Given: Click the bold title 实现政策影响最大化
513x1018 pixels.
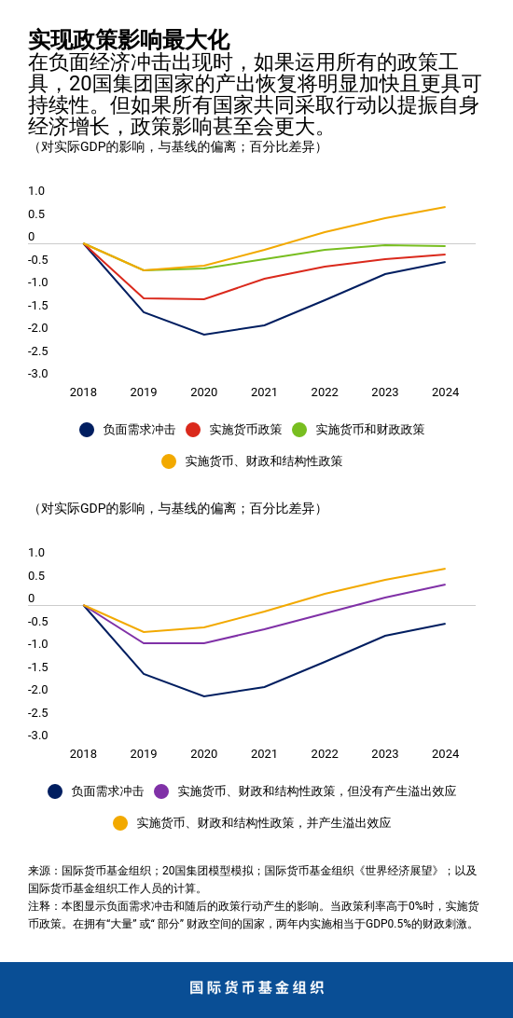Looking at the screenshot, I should point(128,40).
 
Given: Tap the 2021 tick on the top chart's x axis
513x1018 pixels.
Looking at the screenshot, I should point(264,392).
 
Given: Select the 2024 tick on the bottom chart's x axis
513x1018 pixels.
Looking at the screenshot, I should point(445,754).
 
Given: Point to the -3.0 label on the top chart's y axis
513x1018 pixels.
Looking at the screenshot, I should point(37,374).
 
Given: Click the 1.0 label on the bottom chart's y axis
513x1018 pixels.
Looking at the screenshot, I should point(36,553).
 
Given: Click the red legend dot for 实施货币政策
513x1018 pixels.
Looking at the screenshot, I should point(193,430).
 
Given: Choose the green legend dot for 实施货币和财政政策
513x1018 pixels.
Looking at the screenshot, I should point(299,430).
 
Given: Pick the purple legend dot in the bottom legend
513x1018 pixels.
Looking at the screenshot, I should point(161,791).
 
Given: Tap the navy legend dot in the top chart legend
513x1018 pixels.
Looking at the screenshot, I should point(87,430).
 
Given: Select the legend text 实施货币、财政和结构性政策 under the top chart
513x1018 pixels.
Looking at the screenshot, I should point(263,461).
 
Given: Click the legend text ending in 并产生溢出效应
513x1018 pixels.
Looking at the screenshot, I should point(263,823).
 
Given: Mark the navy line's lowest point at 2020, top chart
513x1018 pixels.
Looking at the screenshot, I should point(204,335).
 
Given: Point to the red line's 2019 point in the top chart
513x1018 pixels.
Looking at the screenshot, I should point(144,298).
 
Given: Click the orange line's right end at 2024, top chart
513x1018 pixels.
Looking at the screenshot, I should point(445,207).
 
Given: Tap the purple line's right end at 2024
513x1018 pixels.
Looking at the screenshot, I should point(445,585).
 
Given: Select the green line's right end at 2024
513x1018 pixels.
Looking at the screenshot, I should point(445,246).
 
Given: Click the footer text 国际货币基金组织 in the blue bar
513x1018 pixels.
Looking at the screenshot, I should point(256,988).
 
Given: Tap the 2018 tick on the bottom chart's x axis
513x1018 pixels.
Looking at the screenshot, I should point(83,754).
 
